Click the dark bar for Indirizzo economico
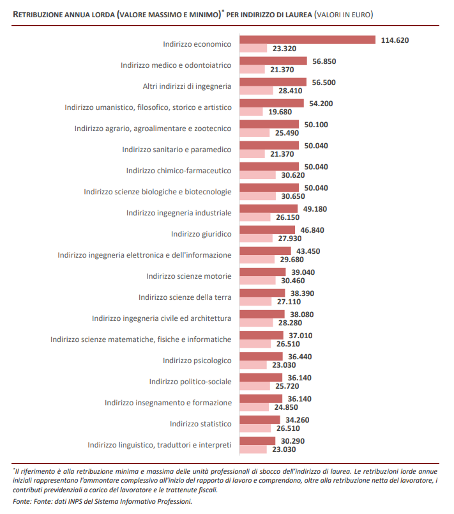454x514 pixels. [x=307, y=40]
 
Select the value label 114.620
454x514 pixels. [x=395, y=40]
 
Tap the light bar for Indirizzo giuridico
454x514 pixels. [x=256, y=238]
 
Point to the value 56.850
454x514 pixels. [x=324, y=61]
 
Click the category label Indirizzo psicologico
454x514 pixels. [x=197, y=361]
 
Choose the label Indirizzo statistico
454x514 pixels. [x=201, y=424]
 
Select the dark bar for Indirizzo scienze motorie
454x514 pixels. [x=262, y=272]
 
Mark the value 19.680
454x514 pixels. [x=280, y=112]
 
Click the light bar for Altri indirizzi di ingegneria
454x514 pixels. [x=256, y=91]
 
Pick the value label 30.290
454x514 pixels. [x=292, y=441]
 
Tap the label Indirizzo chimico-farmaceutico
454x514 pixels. [x=179, y=171]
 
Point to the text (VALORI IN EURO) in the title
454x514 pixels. [x=344, y=15]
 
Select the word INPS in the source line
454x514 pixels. [x=74, y=502]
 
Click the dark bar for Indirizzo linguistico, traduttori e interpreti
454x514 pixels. [x=257, y=441]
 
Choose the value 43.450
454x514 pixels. [x=308, y=251]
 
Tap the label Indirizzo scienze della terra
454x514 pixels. [x=185, y=297]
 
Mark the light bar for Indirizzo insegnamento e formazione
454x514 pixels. [x=254, y=407]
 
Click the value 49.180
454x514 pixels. [x=315, y=209]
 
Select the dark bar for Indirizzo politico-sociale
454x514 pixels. [x=261, y=378]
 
